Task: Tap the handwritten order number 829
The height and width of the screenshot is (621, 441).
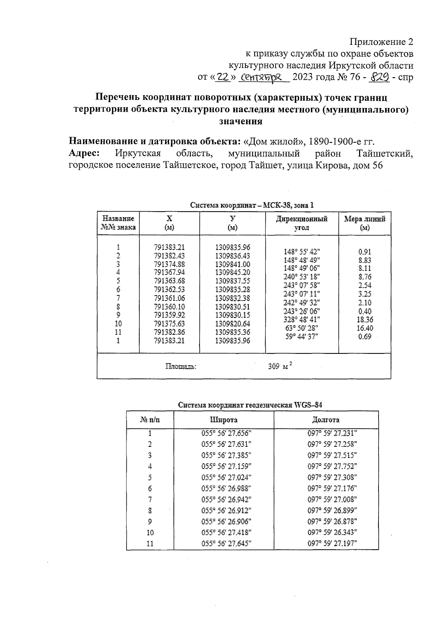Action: (380, 77)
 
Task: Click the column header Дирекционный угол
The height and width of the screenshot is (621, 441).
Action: (302, 223)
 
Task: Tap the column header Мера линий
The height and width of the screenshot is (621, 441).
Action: (365, 223)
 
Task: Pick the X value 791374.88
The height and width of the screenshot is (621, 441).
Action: (169, 264)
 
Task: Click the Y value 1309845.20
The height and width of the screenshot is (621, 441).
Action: (232, 272)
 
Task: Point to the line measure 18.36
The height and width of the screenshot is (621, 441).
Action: (365, 319)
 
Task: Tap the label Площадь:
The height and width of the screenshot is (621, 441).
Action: (181, 366)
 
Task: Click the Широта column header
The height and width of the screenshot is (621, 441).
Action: (223, 420)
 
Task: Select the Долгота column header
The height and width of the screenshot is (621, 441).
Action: (326, 420)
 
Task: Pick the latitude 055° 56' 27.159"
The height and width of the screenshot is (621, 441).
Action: (226, 466)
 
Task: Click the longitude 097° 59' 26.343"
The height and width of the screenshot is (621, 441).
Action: (332, 532)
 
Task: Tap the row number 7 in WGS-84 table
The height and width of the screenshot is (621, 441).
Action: (150, 499)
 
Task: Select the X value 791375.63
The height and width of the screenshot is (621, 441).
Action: (169, 324)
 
